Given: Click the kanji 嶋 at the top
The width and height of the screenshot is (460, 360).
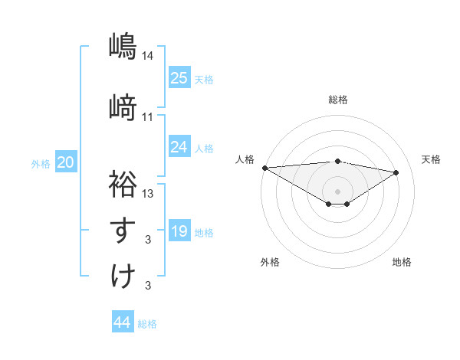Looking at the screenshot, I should (122, 46).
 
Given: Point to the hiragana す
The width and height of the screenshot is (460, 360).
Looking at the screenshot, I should (122, 230).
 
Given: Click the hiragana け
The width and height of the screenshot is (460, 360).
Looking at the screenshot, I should (122, 275).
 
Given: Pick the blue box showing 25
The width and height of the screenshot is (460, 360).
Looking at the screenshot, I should (179, 77).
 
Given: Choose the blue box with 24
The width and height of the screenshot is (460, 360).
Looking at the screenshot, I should (179, 146).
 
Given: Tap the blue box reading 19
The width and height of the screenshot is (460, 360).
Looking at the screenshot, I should (179, 231).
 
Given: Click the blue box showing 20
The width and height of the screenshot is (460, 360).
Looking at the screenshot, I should (66, 162).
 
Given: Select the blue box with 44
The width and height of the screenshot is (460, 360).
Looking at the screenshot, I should (123, 322).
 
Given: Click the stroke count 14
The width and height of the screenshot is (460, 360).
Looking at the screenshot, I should (148, 55).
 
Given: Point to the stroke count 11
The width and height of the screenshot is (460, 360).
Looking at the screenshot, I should (148, 116).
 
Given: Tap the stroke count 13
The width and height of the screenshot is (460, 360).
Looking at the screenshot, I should (148, 193).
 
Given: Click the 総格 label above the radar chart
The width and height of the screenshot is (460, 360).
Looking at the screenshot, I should (338, 100).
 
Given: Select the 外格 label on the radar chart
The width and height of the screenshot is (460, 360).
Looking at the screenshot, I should (270, 262).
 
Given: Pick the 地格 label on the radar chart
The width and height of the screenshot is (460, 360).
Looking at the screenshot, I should (402, 262).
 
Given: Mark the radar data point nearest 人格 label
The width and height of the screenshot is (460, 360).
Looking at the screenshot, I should (264, 168).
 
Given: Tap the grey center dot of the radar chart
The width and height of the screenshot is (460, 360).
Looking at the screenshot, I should (337, 190).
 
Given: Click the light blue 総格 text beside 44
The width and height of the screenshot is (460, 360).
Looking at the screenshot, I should (147, 324).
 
